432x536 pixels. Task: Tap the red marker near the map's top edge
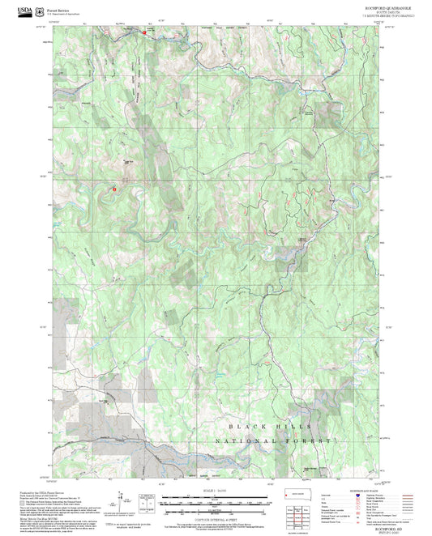pos(144,32)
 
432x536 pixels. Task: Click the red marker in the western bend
pos(114,189)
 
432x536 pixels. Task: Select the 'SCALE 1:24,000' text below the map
pos(216,491)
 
